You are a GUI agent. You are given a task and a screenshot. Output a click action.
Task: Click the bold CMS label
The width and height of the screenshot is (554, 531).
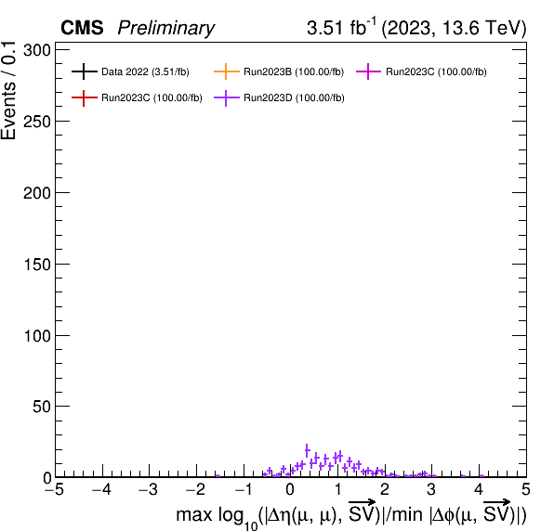[x=82, y=28]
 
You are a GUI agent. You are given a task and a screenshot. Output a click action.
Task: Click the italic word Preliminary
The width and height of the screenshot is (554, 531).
[x=166, y=28]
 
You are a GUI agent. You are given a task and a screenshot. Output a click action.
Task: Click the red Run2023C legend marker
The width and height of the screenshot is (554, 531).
[x=84, y=97]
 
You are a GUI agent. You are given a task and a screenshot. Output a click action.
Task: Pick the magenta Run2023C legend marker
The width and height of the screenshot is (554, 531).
[x=368, y=71]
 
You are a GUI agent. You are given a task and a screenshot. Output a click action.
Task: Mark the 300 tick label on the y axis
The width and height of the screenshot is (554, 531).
[x=37, y=50]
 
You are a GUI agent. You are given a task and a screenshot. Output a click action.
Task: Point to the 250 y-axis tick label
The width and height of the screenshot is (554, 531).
[x=37, y=122]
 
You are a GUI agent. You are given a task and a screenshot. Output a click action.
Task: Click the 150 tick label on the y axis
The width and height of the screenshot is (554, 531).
[x=37, y=265]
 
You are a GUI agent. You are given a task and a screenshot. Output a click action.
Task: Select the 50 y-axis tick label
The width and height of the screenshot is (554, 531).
[x=41, y=408]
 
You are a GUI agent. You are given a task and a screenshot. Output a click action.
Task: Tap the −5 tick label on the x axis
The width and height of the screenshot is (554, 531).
[x=55, y=490]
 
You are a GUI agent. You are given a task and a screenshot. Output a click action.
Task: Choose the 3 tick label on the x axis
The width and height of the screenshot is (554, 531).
[x=431, y=490]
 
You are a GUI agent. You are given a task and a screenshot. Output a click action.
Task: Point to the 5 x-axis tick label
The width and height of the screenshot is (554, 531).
[x=526, y=490]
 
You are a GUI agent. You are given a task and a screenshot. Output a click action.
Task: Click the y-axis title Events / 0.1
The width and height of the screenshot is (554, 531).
[x=9, y=91]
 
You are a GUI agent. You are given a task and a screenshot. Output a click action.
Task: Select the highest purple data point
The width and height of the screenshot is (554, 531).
[x=307, y=450]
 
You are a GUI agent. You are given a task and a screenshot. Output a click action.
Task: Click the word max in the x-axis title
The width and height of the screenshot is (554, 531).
[x=194, y=515]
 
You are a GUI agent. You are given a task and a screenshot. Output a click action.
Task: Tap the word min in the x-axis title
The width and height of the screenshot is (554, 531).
[x=407, y=514]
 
